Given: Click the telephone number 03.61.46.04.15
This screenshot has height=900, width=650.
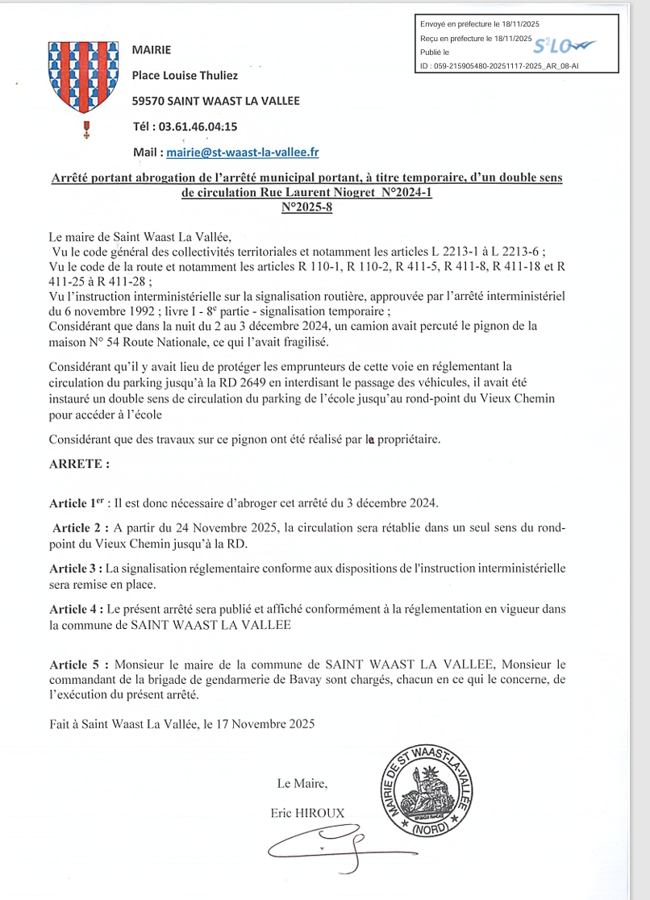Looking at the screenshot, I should pos(198,127).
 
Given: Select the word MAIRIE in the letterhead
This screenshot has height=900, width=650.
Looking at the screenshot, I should pos(152,50).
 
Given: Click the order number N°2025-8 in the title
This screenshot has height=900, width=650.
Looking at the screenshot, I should pos(306,207).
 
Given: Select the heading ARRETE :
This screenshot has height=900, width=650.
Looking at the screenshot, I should pos(79,465).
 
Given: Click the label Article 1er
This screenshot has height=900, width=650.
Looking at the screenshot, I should pos(78,503).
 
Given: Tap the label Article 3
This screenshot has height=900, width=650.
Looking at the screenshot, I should pos(78,568).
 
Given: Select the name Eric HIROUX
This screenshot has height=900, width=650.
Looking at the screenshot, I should pos(308,814).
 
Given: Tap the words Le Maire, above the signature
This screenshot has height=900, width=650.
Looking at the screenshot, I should pos(302,783).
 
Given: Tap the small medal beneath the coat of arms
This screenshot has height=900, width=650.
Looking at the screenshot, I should pos(86,129).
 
